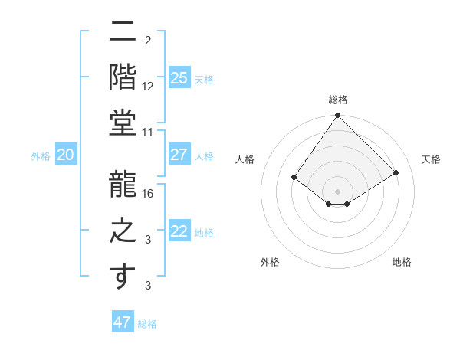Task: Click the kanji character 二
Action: click(123, 34)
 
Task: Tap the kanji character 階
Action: click(123, 77)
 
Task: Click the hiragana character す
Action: click(123, 277)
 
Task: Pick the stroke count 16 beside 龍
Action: click(148, 193)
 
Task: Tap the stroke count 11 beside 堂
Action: click(148, 133)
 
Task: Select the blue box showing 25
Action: click(179, 77)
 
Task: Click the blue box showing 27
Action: click(179, 155)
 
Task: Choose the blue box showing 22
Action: click(179, 231)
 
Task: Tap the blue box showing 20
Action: click(65, 155)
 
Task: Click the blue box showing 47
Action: click(123, 322)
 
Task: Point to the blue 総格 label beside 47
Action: click(147, 324)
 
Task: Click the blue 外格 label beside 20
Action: click(41, 156)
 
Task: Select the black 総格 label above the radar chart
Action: click(337, 100)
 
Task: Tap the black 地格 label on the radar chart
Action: click(402, 262)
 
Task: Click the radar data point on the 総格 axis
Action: click(337, 116)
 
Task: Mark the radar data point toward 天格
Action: click(396, 172)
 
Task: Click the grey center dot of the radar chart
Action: click(337, 191)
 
